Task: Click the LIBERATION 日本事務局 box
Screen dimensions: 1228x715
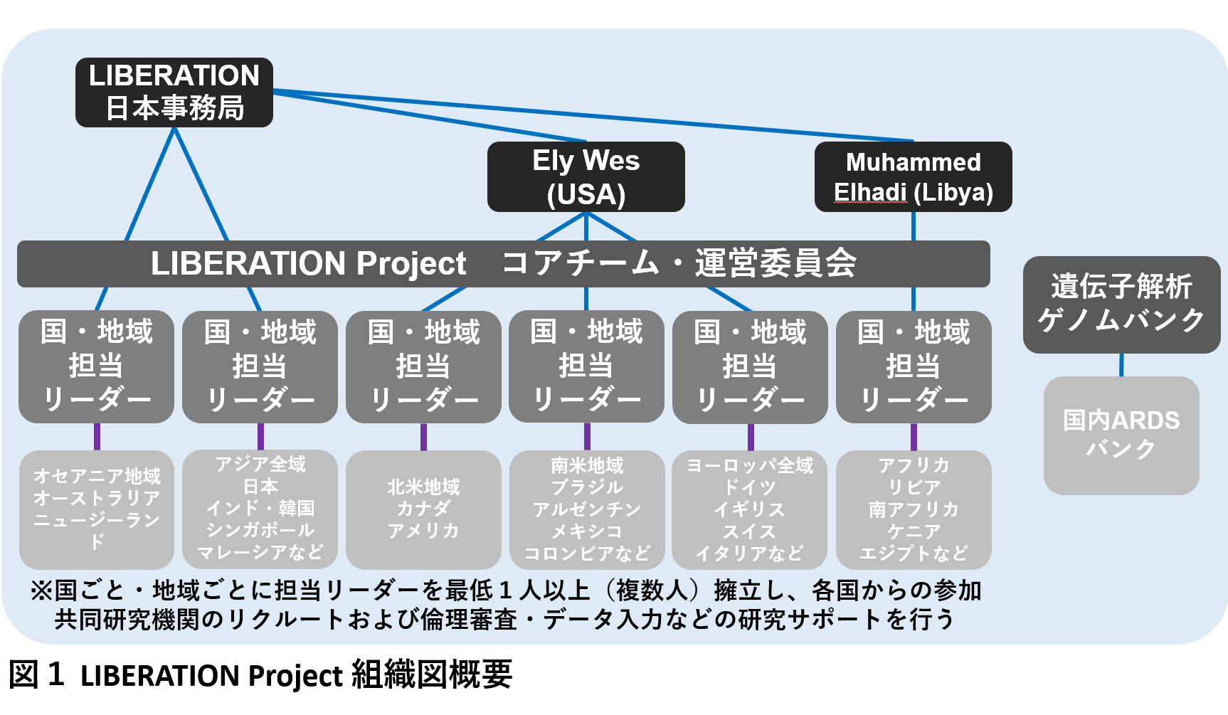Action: [x=174, y=92]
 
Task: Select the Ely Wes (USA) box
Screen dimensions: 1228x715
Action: [x=586, y=176]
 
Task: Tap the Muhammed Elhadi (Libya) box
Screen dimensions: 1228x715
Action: [x=914, y=176]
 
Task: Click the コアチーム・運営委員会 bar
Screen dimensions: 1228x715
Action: [x=504, y=264]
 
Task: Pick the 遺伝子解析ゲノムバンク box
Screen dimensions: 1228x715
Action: [x=1122, y=304]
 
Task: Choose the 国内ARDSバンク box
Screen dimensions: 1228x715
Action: [x=1122, y=435]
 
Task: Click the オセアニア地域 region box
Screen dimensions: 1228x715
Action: [x=97, y=509]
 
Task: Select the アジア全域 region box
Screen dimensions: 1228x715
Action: [x=260, y=509]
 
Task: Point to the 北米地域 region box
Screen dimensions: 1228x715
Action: [x=423, y=509]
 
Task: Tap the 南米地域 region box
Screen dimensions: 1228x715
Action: [x=587, y=509]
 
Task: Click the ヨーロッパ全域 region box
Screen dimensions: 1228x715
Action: [x=750, y=509]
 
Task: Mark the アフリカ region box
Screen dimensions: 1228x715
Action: [x=914, y=509]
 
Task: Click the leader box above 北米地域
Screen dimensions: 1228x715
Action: [x=423, y=367]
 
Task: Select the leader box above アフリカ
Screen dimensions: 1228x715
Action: [x=914, y=367]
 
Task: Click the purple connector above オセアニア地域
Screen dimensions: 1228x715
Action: [x=97, y=437]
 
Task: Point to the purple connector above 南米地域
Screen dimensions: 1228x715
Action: [x=587, y=437]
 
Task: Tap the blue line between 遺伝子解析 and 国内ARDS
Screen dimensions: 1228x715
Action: [x=1122, y=365]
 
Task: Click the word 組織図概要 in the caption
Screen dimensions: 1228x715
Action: [x=432, y=674]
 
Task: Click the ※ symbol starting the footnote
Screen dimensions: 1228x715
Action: [x=41, y=590]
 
